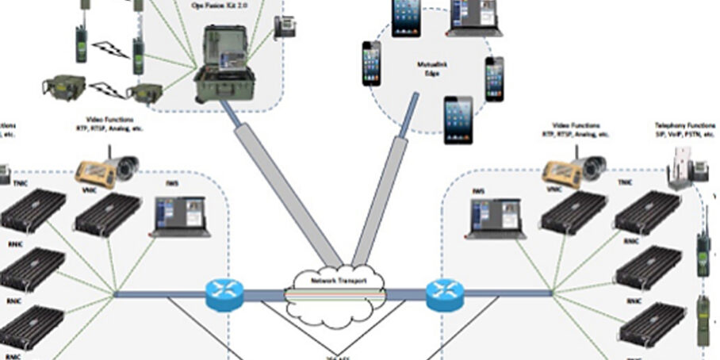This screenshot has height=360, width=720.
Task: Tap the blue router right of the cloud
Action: pos(442,294)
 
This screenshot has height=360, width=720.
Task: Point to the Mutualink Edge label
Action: pos(433,69)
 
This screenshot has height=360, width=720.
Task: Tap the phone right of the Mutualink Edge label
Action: pos(494,79)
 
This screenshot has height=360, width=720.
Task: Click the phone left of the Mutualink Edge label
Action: pos(371,63)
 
